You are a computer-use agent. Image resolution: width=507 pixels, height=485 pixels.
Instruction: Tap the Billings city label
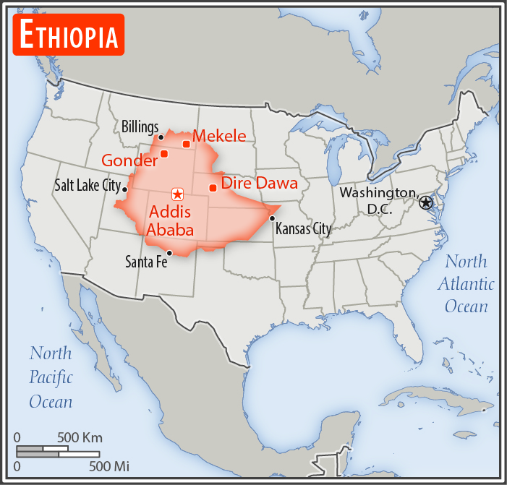(140, 127)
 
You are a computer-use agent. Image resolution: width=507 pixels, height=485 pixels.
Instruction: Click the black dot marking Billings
(161, 137)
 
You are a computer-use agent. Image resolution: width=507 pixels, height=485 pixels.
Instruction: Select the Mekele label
(219, 136)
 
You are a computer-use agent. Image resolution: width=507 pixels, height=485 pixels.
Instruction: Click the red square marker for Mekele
(186, 144)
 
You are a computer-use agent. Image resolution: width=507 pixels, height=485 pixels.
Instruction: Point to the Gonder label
(129, 160)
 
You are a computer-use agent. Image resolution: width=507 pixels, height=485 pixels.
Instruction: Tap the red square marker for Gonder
(164, 153)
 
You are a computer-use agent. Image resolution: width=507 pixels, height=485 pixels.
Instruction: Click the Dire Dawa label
(259, 184)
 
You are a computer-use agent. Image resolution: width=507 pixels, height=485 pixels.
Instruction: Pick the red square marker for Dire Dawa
(213, 188)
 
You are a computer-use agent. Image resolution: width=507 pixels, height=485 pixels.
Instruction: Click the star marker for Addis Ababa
(177, 194)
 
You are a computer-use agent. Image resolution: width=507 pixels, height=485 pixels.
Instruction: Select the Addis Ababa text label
(171, 221)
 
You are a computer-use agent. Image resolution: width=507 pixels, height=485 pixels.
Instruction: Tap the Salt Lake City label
(87, 186)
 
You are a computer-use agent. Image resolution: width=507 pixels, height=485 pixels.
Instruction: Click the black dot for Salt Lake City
(125, 189)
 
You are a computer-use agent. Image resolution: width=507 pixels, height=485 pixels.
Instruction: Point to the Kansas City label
(302, 229)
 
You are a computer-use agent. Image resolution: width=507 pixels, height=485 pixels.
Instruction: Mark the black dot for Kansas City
(272, 218)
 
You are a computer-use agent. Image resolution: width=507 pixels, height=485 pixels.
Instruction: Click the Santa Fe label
(145, 262)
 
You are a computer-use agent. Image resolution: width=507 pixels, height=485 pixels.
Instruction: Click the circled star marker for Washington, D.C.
(426, 202)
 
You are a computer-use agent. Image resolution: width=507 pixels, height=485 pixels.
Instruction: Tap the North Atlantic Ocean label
(466, 283)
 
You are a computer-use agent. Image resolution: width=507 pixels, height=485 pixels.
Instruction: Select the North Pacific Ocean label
(51, 377)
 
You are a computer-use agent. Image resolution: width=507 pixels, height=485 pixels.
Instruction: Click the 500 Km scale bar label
(80, 437)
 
